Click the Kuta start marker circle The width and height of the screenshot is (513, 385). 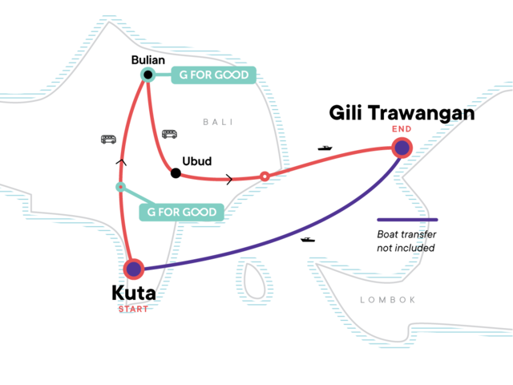click(x=133, y=269)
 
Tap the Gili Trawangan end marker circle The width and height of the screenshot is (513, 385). click(x=402, y=148)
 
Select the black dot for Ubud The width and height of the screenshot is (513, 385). click(x=174, y=172)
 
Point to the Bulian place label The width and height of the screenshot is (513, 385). click(x=147, y=59)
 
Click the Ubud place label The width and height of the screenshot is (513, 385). click(x=197, y=161)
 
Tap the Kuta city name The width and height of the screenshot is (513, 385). click(x=133, y=294)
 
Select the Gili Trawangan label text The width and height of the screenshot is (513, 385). click(x=402, y=115)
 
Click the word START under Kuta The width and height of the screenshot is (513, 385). click(x=133, y=310)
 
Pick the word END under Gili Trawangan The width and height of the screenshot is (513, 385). click(x=402, y=129)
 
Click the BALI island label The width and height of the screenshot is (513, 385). click(x=216, y=122)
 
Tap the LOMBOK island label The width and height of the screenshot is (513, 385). click(x=388, y=299)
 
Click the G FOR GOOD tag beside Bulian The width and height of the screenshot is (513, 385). click(x=212, y=75)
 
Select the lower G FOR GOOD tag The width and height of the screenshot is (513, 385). click(x=180, y=212)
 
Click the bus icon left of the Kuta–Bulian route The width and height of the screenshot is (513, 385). click(x=108, y=139)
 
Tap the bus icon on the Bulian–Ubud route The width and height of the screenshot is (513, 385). click(x=168, y=134)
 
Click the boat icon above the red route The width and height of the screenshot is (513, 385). click(x=325, y=148)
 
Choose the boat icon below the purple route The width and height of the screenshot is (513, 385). click(x=307, y=239)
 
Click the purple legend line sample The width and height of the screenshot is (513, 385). click(x=407, y=219)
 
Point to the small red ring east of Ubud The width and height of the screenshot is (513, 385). click(x=265, y=176)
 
